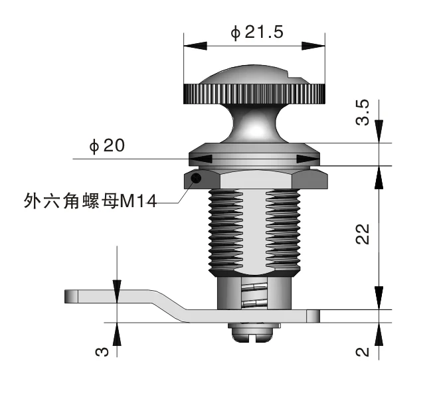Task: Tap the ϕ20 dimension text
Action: pos(107,146)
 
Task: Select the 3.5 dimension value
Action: pos(363,112)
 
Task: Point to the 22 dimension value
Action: pos(363,234)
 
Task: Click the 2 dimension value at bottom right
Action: pos(363,351)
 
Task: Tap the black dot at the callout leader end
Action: pos(195,179)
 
